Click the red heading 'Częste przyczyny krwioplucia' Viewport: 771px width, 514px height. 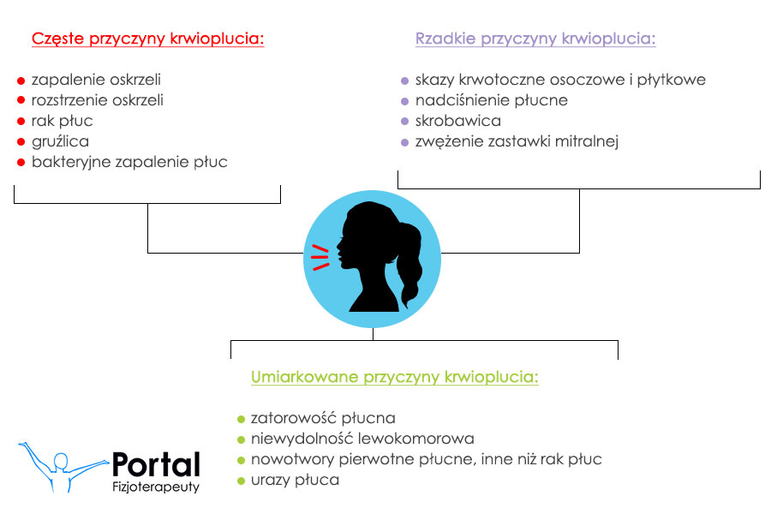[x=147, y=39]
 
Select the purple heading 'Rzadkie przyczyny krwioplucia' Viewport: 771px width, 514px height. [x=535, y=39]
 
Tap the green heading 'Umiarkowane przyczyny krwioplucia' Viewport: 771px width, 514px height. [x=395, y=377]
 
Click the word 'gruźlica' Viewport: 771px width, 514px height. [x=61, y=141]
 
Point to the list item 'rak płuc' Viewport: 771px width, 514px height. [x=62, y=121]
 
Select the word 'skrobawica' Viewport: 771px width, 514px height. [x=458, y=121]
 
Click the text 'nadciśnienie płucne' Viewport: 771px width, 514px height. [x=492, y=100]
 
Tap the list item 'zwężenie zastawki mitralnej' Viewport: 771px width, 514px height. [x=517, y=141]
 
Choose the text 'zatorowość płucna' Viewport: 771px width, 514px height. [x=323, y=418]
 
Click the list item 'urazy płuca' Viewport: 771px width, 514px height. [x=295, y=480]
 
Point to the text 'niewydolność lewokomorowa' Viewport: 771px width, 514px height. [x=362, y=439]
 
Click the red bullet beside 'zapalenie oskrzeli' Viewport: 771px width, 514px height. [x=21, y=81]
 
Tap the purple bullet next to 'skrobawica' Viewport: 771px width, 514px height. [x=404, y=122]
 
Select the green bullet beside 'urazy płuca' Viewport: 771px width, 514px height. [x=241, y=481]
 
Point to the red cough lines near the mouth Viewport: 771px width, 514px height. [x=320, y=257]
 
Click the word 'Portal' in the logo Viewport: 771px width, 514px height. [x=157, y=464]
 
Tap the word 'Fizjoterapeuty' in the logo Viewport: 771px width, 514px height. [x=156, y=487]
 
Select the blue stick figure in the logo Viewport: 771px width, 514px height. [x=63, y=467]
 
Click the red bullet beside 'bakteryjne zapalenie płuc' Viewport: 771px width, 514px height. [x=21, y=162]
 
